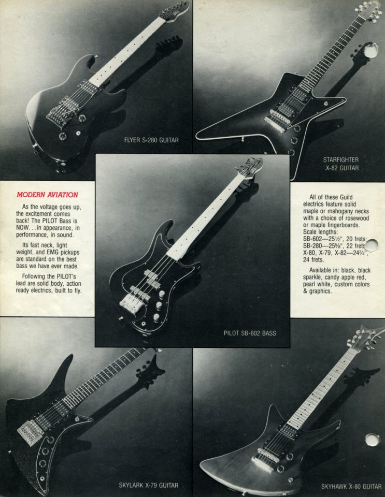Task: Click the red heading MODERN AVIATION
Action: [47, 195]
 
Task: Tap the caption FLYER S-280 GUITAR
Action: [151, 140]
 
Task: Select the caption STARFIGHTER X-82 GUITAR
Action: [340, 164]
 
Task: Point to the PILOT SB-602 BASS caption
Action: [250, 333]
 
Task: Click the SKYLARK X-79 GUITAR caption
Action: [148, 485]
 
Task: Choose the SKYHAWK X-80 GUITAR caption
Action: [351, 487]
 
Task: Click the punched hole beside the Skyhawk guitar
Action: [372, 440]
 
